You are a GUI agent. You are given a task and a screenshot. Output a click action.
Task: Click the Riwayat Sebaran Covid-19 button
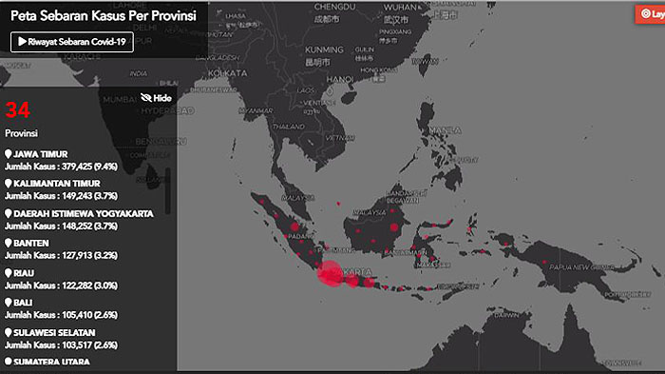point(72,43)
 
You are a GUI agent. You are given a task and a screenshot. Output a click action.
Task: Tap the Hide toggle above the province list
point(156,97)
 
